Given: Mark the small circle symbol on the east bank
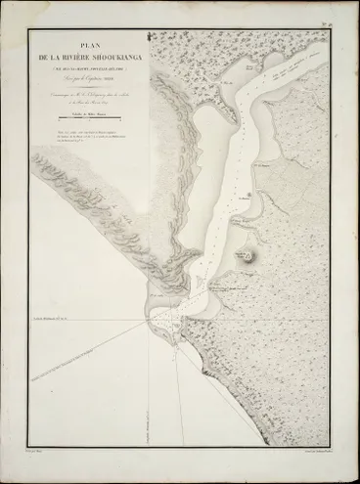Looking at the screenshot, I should [249, 197].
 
